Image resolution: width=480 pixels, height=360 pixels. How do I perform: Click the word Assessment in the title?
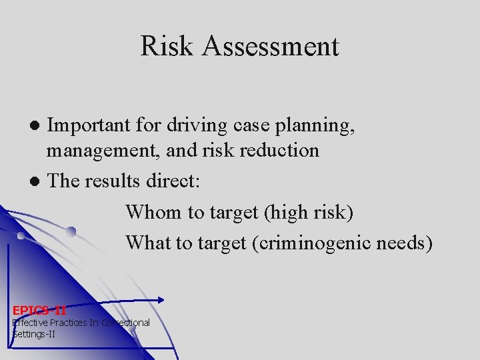272,47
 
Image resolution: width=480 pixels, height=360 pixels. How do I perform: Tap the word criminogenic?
314,242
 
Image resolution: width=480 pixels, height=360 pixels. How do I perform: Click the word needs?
407,242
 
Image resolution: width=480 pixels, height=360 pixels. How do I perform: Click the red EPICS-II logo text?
39,310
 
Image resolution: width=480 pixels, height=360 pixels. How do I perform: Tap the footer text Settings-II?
34,333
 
